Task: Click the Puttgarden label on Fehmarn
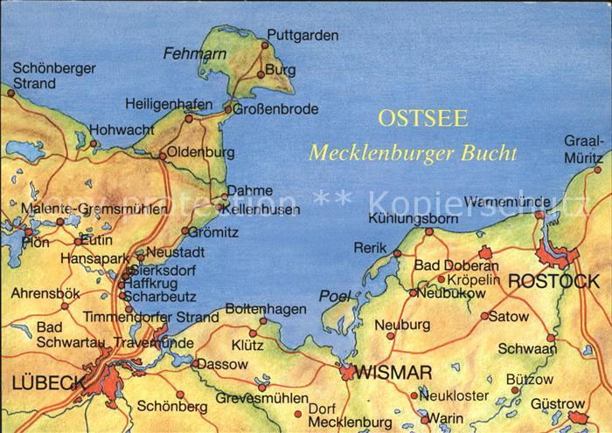[303, 36]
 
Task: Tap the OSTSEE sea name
[423, 119]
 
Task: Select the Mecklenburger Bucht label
[413, 154]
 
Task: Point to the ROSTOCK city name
[553, 281]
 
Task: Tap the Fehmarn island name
[189, 53]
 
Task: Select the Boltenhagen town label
[266, 309]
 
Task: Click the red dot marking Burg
[261, 75]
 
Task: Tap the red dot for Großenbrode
[228, 109]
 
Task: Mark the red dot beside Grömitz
[184, 231]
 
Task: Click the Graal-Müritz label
[583, 148]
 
